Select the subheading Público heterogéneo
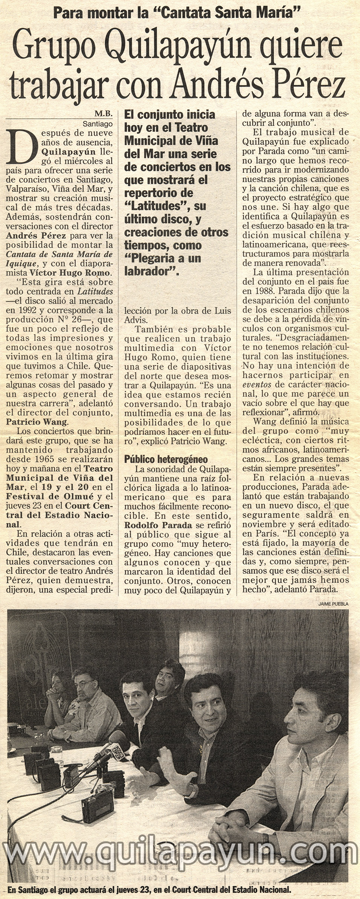[166, 460]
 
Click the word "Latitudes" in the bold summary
[155, 206]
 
